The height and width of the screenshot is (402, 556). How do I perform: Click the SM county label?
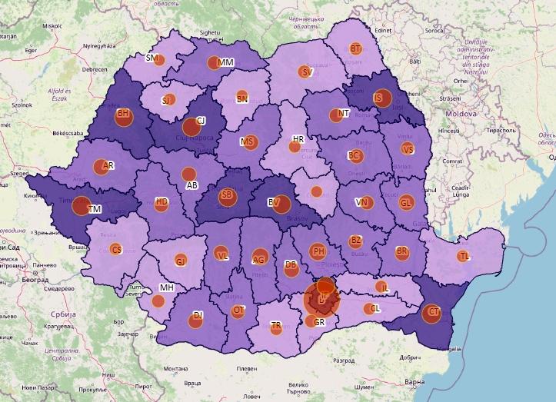click(x=151, y=58)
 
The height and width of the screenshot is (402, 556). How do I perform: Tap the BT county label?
click(x=355, y=48)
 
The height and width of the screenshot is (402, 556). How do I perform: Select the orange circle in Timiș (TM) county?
click(x=81, y=205)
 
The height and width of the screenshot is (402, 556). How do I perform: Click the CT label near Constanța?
click(x=434, y=311)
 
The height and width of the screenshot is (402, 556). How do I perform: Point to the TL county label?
click(x=464, y=255)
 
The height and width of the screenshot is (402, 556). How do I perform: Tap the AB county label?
click(x=192, y=186)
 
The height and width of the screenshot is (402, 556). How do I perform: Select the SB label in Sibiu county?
click(x=226, y=195)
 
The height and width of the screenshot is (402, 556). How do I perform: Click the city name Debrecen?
click(x=95, y=69)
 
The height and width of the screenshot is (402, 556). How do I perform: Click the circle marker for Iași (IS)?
click(x=382, y=98)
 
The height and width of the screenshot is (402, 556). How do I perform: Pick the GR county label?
click(x=320, y=323)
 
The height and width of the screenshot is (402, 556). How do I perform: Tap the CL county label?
click(x=375, y=307)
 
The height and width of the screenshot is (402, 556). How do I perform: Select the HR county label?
click(x=298, y=139)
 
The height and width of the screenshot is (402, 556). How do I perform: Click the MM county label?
click(x=226, y=62)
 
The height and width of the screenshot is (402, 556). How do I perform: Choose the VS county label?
click(x=408, y=149)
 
